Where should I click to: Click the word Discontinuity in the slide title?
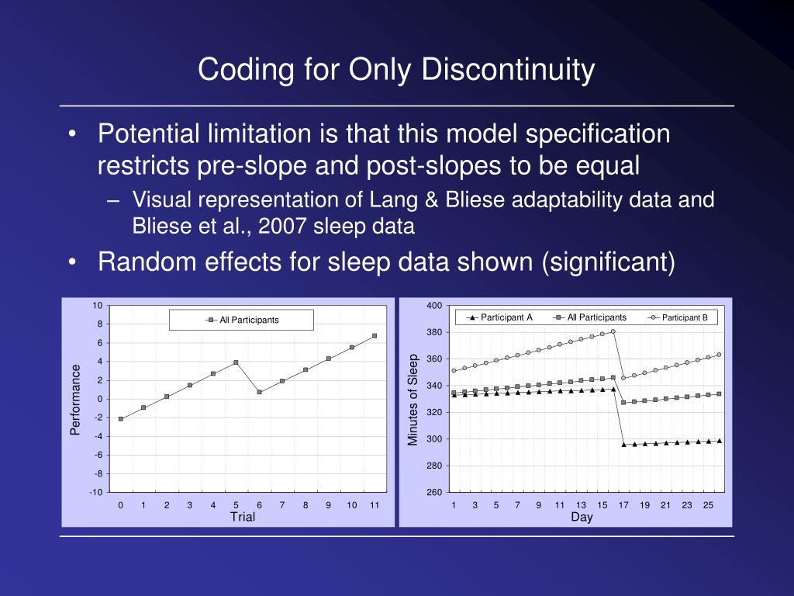[x=508, y=71]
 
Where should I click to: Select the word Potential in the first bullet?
[x=146, y=134]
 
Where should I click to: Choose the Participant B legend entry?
[x=684, y=317]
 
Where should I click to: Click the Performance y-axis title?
[x=75, y=399]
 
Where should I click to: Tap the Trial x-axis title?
[x=243, y=518]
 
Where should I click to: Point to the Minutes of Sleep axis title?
[x=413, y=399]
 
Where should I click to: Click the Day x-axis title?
[x=582, y=518]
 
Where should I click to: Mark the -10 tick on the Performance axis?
[x=96, y=493]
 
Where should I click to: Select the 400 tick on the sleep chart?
[x=434, y=305]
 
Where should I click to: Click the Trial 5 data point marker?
[x=236, y=362]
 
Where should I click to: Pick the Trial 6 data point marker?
[x=259, y=392]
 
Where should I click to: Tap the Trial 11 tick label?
[x=375, y=505]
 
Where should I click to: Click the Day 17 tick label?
[x=623, y=505]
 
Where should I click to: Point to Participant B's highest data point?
[x=613, y=331]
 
